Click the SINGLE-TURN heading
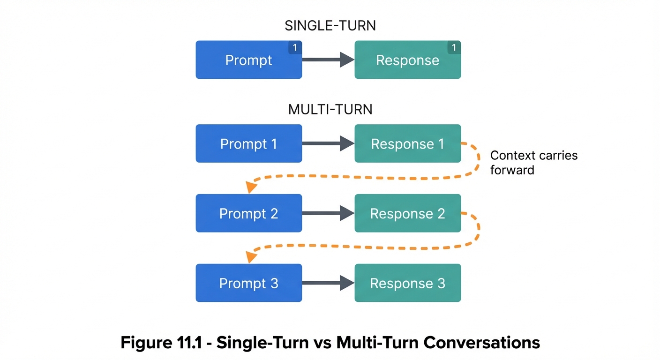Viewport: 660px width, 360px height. [330, 25]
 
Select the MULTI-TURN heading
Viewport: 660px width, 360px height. [330, 109]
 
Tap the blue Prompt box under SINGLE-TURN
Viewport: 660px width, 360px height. [248, 60]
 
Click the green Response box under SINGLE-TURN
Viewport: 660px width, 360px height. [407, 60]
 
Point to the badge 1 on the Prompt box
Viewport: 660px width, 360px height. [295, 47]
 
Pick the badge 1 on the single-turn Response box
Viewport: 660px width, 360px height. [454, 47]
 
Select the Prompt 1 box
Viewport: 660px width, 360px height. [248, 143]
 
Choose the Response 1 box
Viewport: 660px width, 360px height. [407, 143]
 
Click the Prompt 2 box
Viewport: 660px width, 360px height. [248, 213]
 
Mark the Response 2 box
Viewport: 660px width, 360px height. [407, 213]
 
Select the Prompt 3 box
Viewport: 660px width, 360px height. [248, 283]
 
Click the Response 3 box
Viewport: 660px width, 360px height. [407, 283]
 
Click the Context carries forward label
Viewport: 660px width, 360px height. [533, 162]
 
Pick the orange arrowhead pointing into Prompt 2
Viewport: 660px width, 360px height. [252, 187]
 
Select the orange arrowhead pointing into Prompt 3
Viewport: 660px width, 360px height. [252, 256]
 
